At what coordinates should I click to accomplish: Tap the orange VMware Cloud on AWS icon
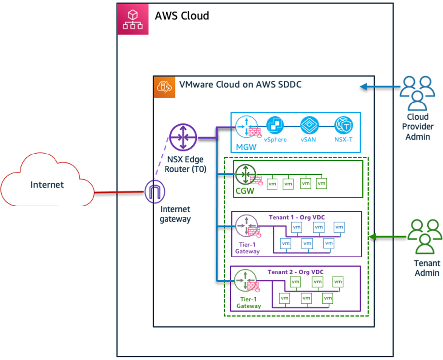point(162,86)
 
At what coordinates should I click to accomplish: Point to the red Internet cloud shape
point(48,185)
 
